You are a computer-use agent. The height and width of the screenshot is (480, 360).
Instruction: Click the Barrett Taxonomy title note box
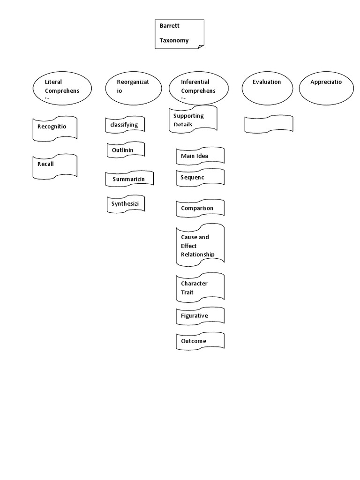[180, 34]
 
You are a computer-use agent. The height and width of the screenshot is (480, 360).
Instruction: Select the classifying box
[125, 125]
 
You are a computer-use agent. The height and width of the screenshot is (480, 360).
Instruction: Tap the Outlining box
[125, 150]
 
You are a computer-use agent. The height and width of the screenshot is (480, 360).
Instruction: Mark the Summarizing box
[129, 179]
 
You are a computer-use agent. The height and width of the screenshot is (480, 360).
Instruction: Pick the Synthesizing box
[125, 204]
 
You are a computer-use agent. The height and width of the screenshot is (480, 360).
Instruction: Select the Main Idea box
[200, 156]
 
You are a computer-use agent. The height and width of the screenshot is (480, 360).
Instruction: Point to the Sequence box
[200, 178]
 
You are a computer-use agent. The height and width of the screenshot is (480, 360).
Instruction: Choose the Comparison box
[200, 208]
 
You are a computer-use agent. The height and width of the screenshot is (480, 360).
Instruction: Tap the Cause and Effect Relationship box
[200, 245]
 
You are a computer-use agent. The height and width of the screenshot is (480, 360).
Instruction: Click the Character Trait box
[200, 287]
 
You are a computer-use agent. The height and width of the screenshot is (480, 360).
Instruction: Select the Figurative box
[200, 316]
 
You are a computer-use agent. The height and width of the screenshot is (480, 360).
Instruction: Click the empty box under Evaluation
[269, 124]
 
